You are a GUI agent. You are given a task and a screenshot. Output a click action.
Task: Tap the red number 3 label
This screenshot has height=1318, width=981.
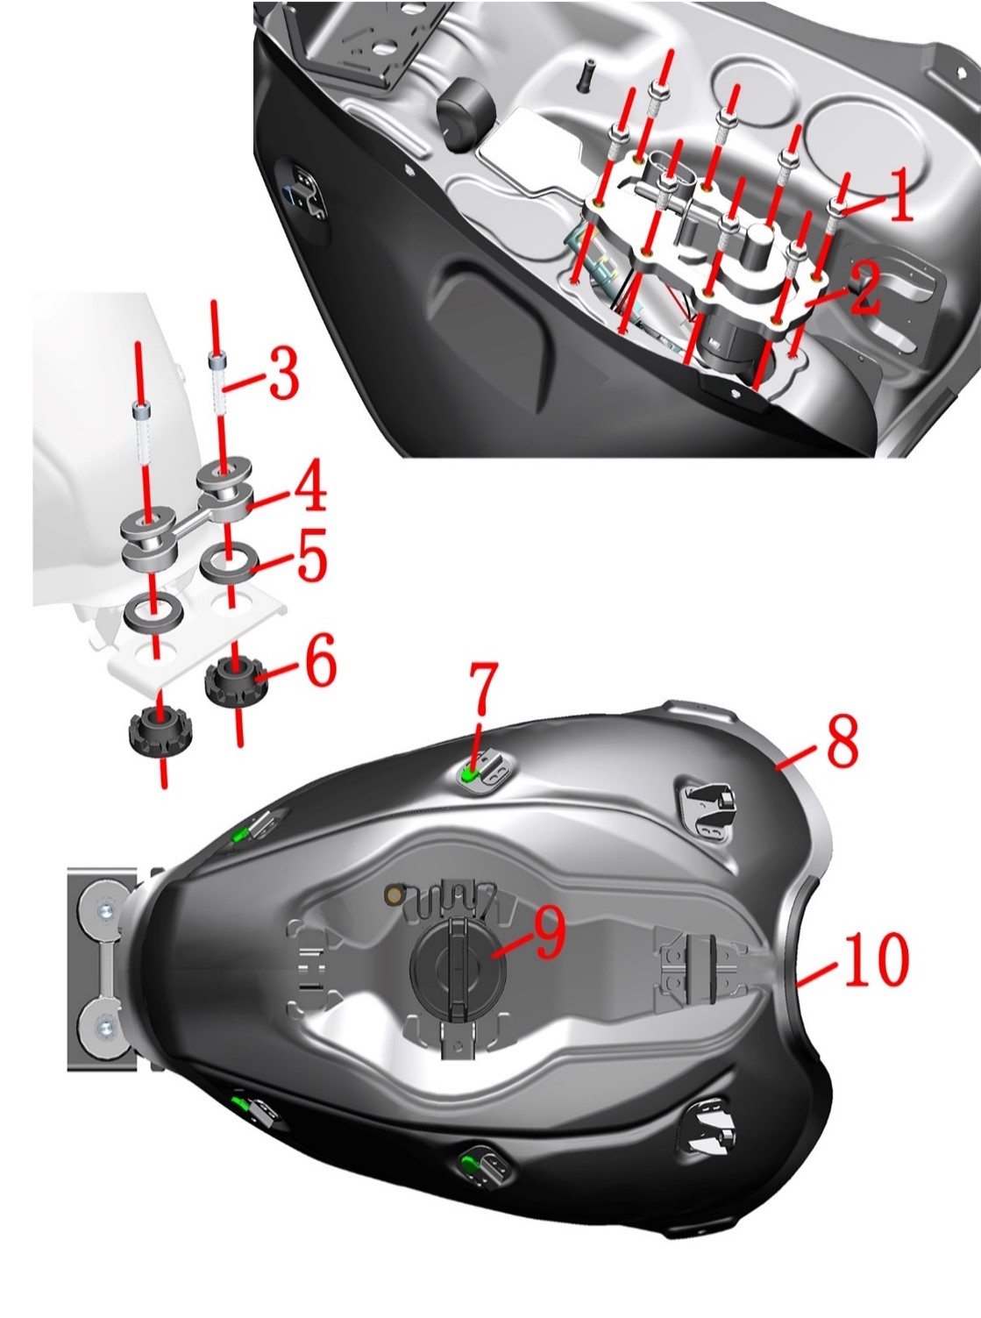click(x=283, y=374)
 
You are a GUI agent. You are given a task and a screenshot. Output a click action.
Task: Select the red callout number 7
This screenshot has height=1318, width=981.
click(x=483, y=687)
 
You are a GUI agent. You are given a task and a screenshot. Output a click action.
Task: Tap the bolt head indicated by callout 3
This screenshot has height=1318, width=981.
click(x=217, y=360)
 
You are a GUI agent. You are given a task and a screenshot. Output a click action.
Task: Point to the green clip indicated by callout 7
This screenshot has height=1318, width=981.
click(x=471, y=774)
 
